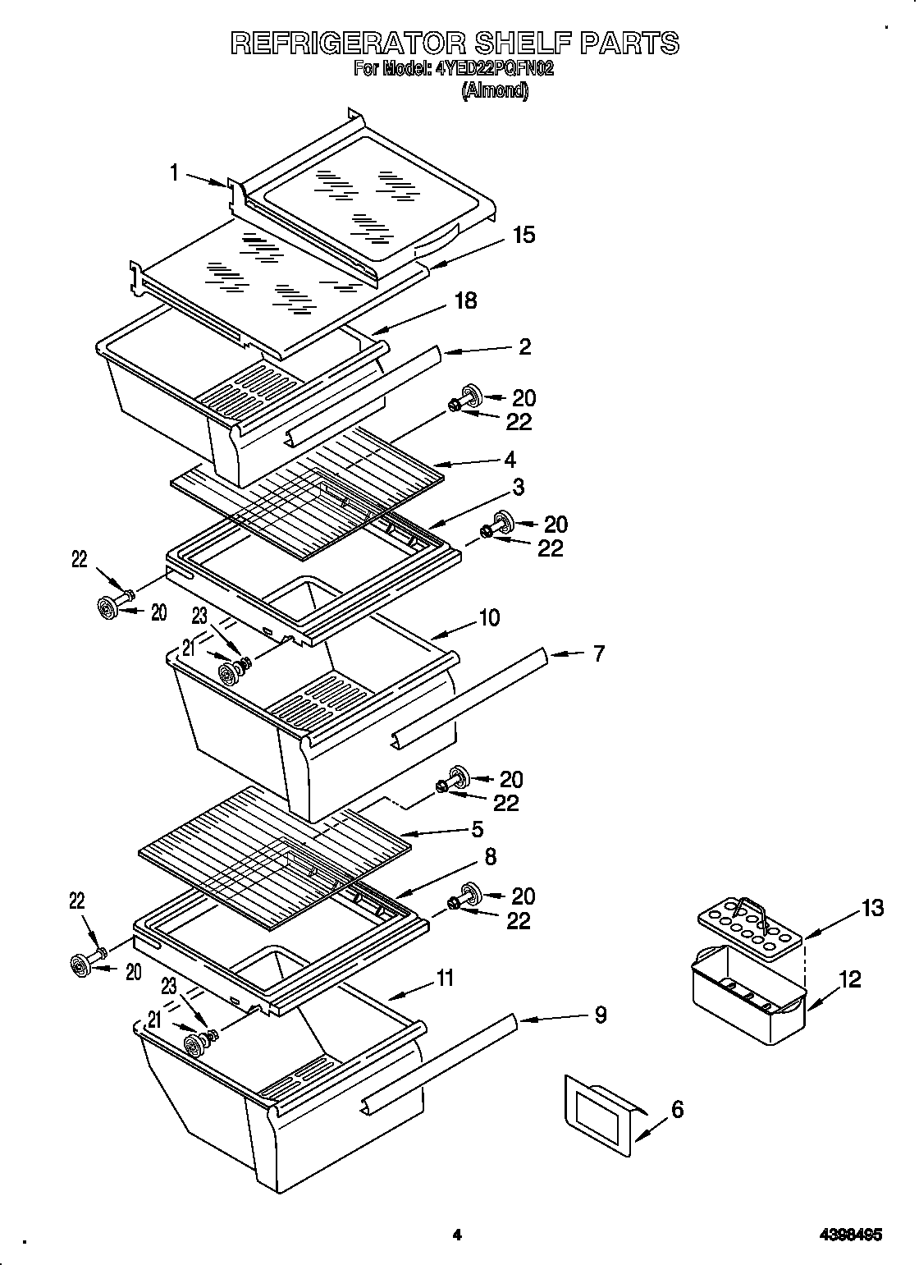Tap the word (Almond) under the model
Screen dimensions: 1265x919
[495, 90]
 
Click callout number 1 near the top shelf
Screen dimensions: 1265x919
[175, 172]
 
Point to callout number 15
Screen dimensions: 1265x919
[524, 235]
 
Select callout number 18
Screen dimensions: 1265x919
[465, 300]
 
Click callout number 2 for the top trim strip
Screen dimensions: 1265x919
[525, 346]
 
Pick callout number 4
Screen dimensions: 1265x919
[510, 459]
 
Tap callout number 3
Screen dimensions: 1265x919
[518, 487]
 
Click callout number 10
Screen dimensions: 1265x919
[489, 617]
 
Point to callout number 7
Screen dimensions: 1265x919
[598, 654]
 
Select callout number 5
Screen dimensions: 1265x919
[477, 830]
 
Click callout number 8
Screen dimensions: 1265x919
[490, 857]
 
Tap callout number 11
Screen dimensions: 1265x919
[444, 978]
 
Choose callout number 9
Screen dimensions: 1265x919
[601, 1015]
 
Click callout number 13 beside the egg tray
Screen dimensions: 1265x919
[873, 908]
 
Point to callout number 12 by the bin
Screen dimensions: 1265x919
[851, 979]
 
